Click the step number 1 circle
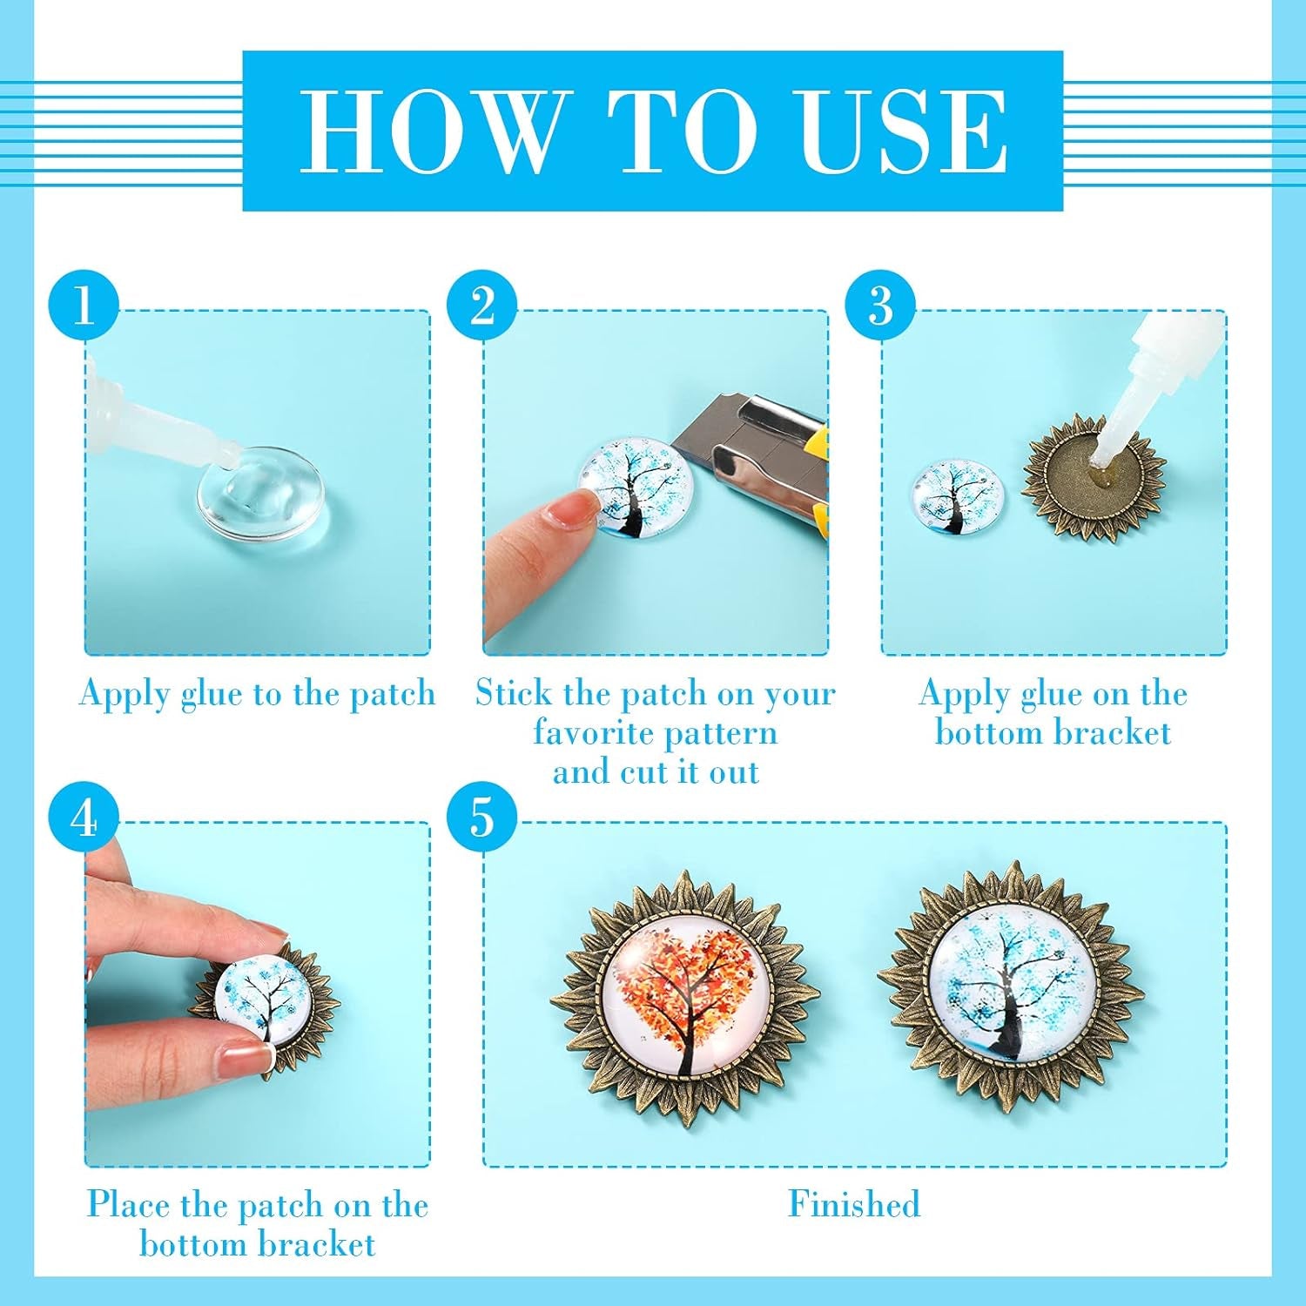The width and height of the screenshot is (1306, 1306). [x=84, y=306]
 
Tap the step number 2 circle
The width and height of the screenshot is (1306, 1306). [x=482, y=306]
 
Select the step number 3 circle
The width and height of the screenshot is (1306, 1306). [x=880, y=306]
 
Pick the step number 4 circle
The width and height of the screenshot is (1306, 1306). [x=84, y=818]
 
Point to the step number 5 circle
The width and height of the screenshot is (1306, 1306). [x=482, y=818]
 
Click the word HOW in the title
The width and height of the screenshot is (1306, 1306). [x=431, y=131]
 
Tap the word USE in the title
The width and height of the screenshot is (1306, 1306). [x=903, y=131]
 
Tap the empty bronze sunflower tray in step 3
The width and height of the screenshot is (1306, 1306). [x=1094, y=477]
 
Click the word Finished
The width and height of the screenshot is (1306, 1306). [x=853, y=1204]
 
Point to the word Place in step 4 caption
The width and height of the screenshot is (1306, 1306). [x=129, y=1205]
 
